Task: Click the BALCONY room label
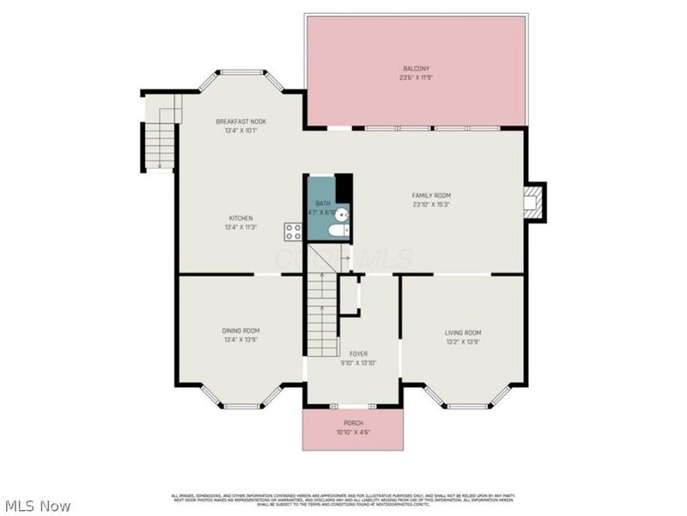coord(416,68)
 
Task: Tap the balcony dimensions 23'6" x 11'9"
coord(416,77)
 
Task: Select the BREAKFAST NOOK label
coord(240,122)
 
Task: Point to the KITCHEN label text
coord(240,218)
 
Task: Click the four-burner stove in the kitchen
coord(294,231)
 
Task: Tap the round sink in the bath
coord(341,215)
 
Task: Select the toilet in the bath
coord(338,230)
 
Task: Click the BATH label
coord(323,204)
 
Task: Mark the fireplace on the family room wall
coord(534,203)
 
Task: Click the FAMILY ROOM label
coord(431,195)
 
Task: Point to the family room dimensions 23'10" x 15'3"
coord(431,205)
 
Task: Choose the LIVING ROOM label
coord(462,333)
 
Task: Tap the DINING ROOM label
coord(240,330)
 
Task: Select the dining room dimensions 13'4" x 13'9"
coord(240,340)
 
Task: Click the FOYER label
coord(358,353)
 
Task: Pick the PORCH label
coord(353,423)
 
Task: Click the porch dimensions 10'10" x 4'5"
coord(353,432)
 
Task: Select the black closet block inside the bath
coord(343,187)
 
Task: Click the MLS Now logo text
coord(38,506)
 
